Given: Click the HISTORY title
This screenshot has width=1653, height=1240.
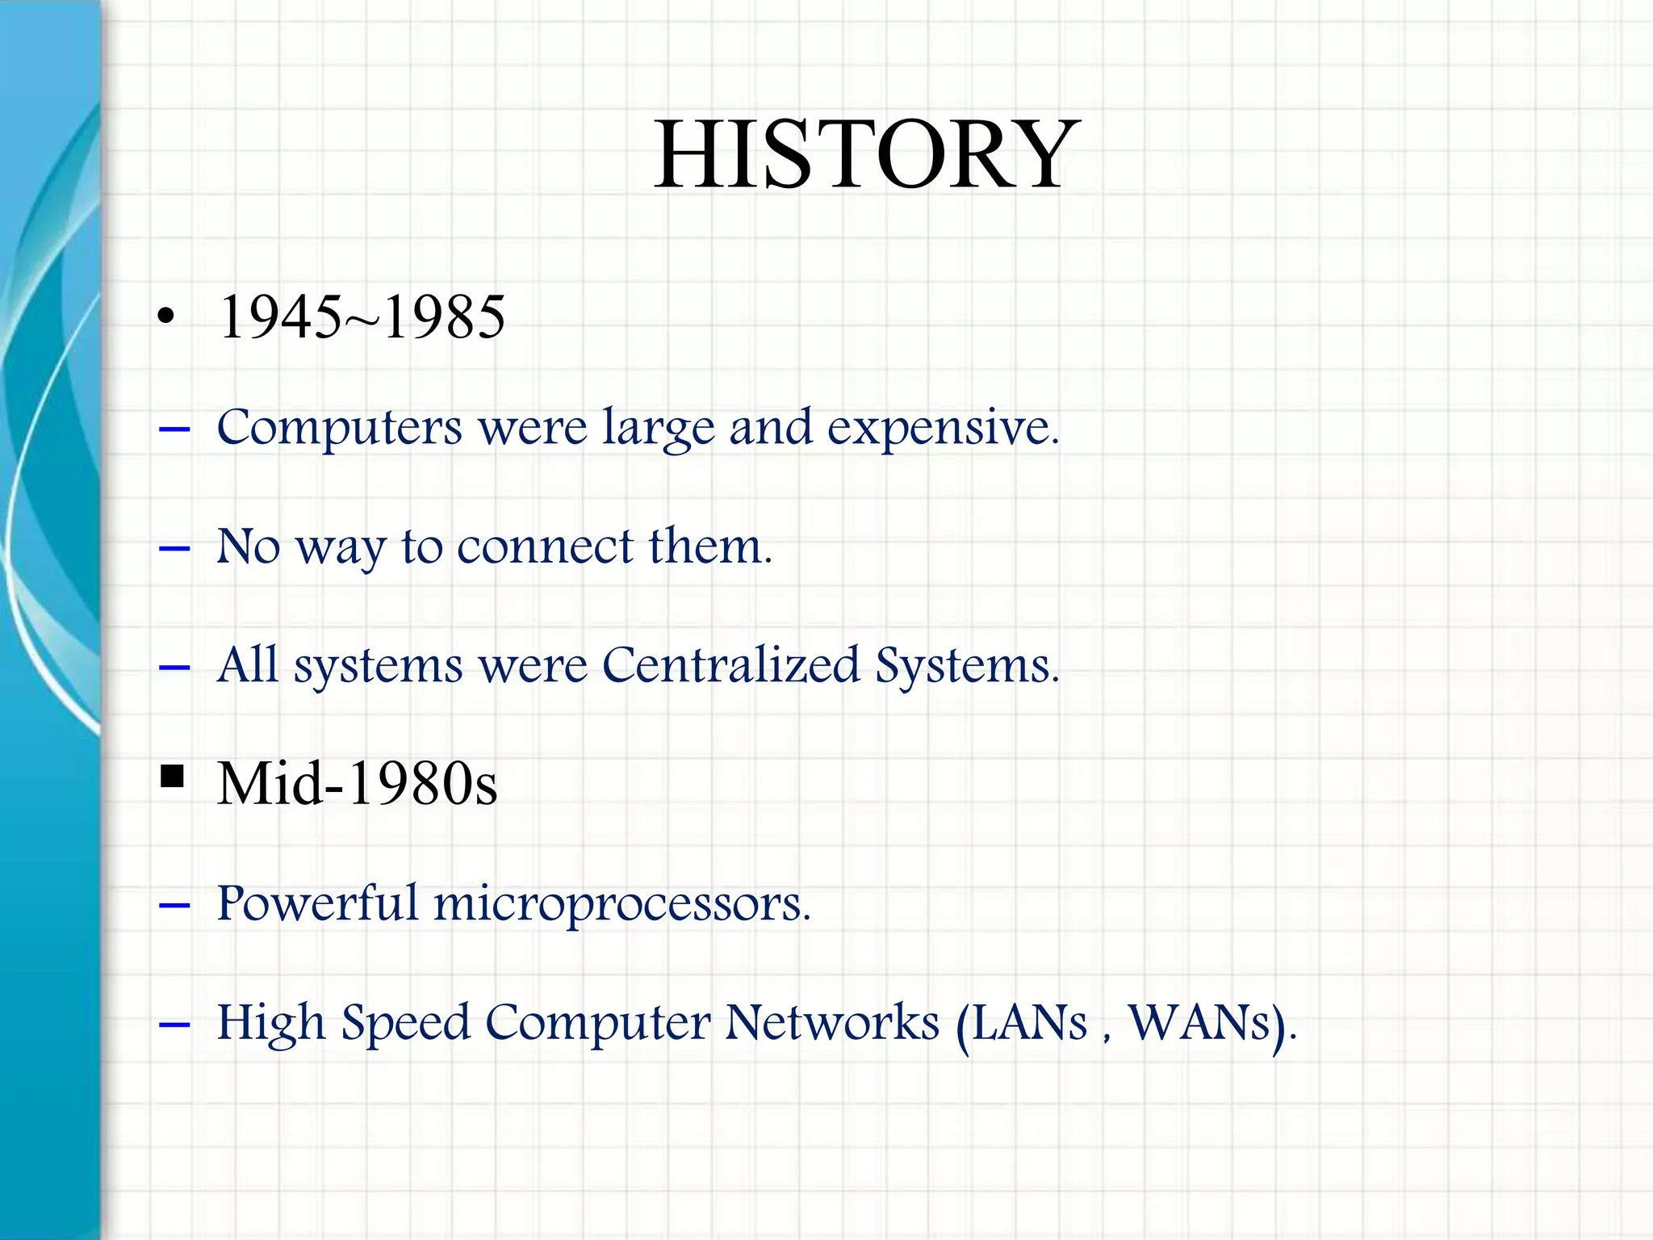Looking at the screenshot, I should pos(865,154).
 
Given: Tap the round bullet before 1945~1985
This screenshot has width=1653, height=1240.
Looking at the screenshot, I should pos(165,317).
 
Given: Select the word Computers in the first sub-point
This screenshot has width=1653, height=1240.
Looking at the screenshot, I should pos(339,428).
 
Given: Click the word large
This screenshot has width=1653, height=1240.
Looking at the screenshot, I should pos(659,428).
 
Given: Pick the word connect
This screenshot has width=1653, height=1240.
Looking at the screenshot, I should pos(545,547).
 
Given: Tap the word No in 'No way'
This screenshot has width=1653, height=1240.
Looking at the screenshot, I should pos(249,547).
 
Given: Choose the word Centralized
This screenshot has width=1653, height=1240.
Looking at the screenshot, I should pos(730,666).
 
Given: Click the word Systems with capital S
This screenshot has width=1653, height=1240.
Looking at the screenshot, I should pos(966,666).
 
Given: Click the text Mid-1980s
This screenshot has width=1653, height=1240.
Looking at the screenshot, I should pos(358,784).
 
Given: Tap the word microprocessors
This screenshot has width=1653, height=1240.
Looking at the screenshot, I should pos(621,904).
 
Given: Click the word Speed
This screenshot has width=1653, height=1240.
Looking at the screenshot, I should pos(405,1023).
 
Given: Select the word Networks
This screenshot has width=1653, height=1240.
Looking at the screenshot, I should pos(832,1022).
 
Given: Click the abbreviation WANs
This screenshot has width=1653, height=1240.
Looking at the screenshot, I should pos(1200,1023).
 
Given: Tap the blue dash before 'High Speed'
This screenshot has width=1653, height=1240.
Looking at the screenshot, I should pos(174,1025).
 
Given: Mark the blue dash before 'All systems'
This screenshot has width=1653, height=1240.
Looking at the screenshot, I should pos(174,668).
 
